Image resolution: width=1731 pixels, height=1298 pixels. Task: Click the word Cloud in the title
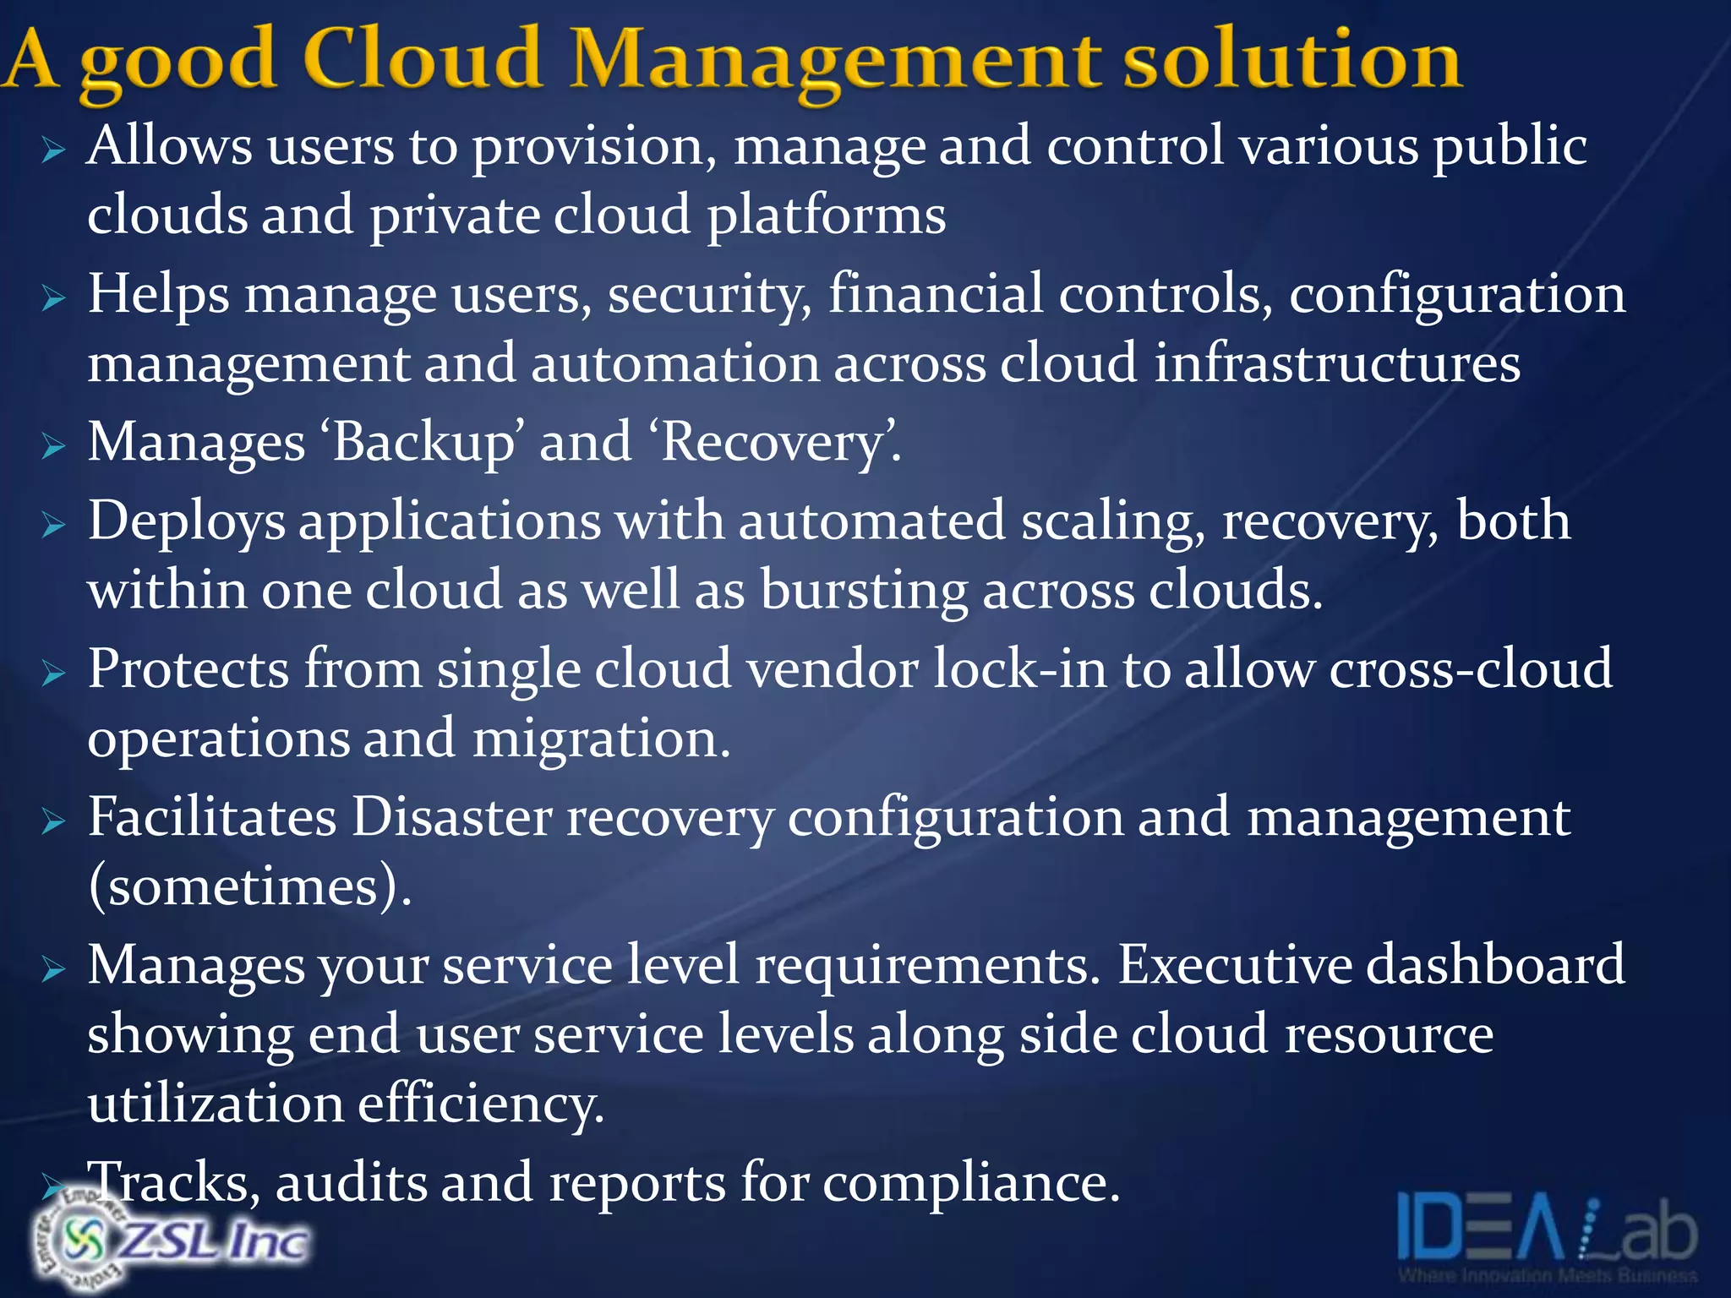pyautogui.click(x=421, y=59)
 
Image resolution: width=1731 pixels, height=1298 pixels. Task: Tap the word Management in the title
pyautogui.click(x=836, y=61)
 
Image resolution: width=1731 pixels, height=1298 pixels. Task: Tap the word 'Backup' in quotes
pyautogui.click(x=423, y=442)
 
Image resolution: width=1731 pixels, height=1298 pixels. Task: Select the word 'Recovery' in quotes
pyautogui.click(x=768, y=442)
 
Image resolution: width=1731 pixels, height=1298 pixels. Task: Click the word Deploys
pyautogui.click(x=186, y=521)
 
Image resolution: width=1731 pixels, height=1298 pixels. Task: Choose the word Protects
pyautogui.click(x=188, y=669)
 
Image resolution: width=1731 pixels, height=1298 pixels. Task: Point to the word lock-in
pyautogui.click(x=1019, y=669)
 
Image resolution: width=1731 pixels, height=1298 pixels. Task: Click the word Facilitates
pyautogui.click(x=212, y=817)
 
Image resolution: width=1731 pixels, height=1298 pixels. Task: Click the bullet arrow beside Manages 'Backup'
pyautogui.click(x=53, y=445)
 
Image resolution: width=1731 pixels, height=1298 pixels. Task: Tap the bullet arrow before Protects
pyautogui.click(x=53, y=674)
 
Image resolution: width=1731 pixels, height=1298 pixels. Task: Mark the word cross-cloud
pyautogui.click(x=1471, y=669)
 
